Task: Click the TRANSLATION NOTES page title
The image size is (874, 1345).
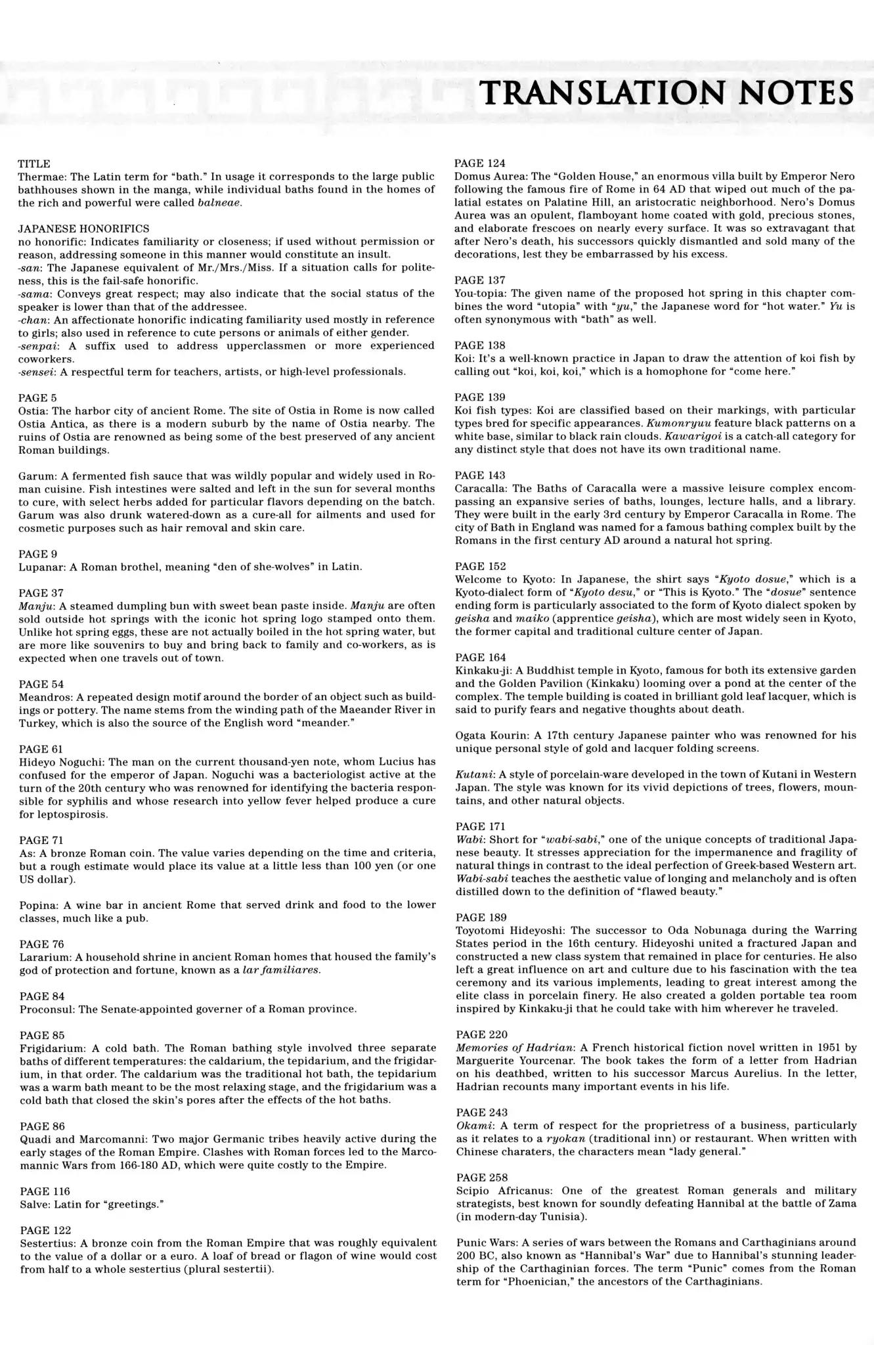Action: tap(666, 93)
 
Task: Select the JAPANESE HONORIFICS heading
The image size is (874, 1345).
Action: tap(83, 229)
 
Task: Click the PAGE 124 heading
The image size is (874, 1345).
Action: tap(480, 163)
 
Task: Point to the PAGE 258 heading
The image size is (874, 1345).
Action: tap(480, 1178)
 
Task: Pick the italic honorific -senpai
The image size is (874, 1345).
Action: tap(37, 346)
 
